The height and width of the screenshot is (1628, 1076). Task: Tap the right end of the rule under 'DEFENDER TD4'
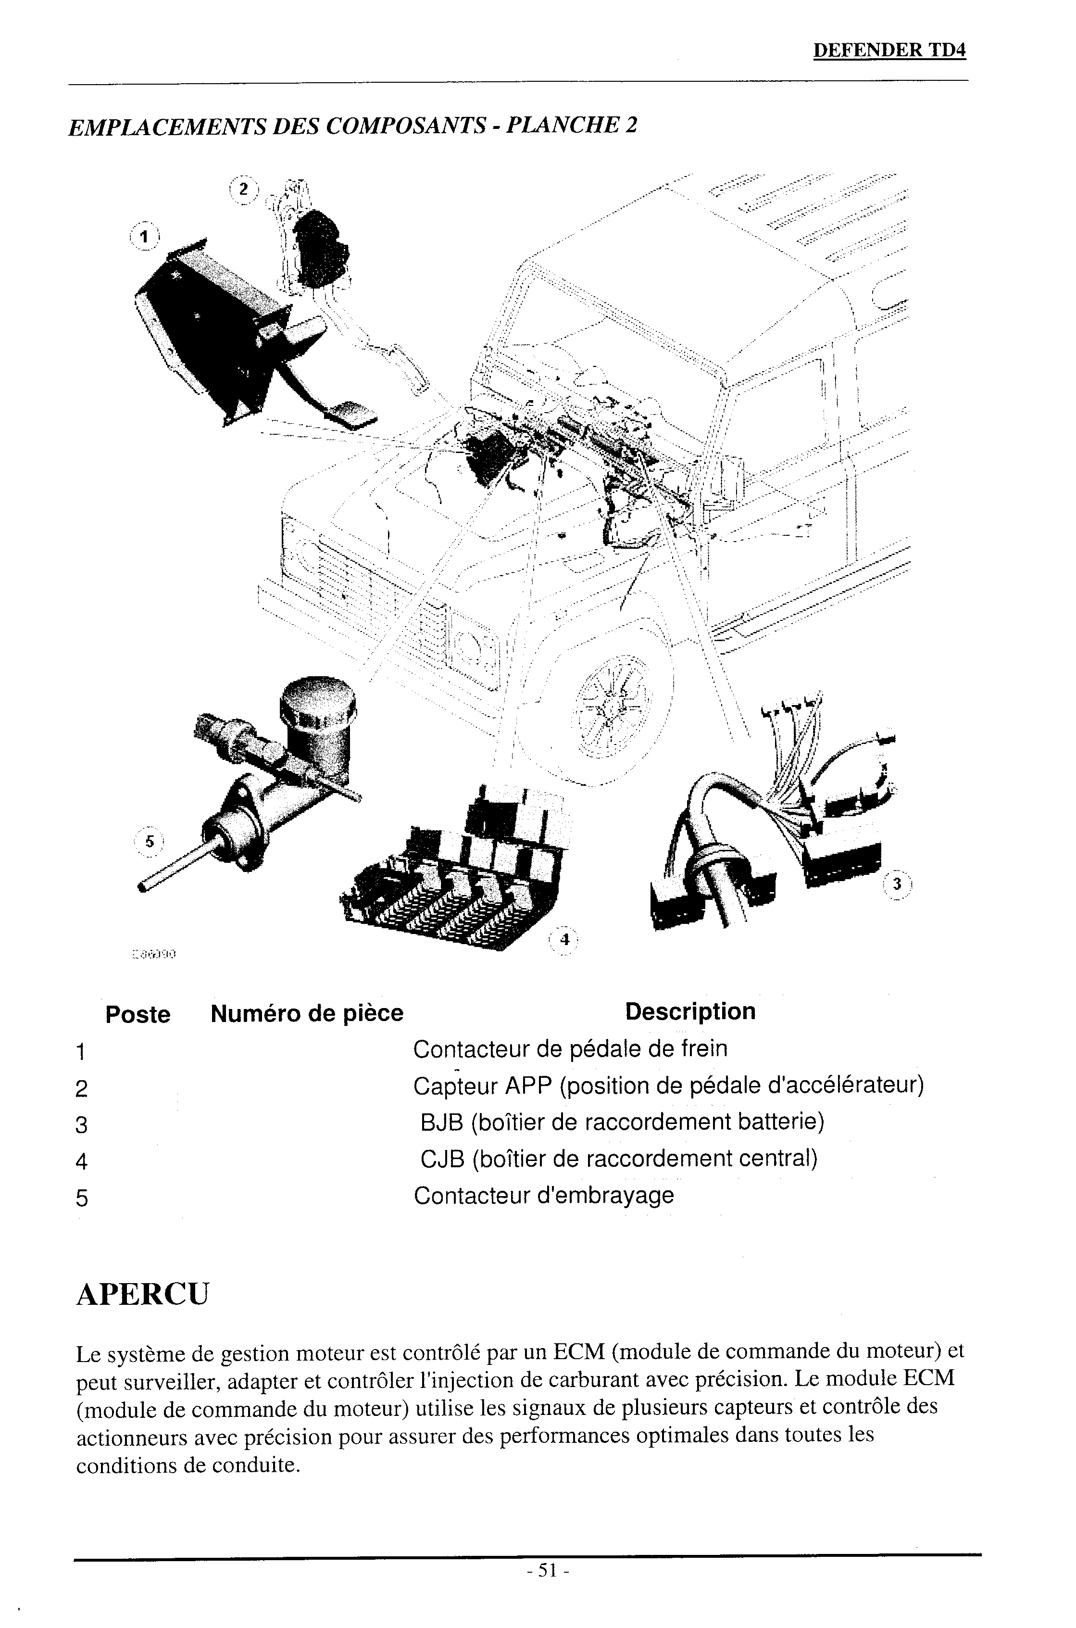click(x=967, y=82)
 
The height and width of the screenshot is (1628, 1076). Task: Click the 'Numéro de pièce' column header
click(x=307, y=1013)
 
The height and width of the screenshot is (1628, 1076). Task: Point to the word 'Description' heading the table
click(x=690, y=1011)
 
